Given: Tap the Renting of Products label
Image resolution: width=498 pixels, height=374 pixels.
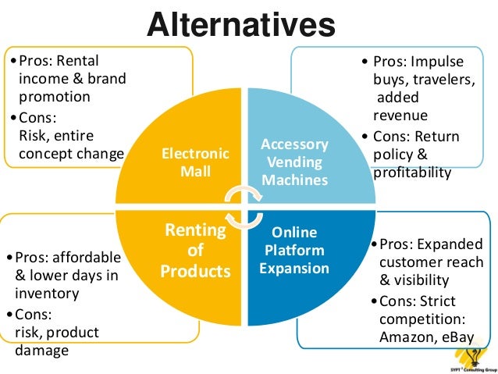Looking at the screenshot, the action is point(195,251).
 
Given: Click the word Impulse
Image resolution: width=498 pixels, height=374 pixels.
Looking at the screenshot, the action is point(437,62).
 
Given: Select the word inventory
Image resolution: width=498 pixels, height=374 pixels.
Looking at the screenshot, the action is point(48,294).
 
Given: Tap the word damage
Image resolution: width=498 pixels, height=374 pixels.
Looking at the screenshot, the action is point(41,350).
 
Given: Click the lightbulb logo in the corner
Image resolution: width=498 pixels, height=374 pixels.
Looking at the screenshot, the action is point(472,355).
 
